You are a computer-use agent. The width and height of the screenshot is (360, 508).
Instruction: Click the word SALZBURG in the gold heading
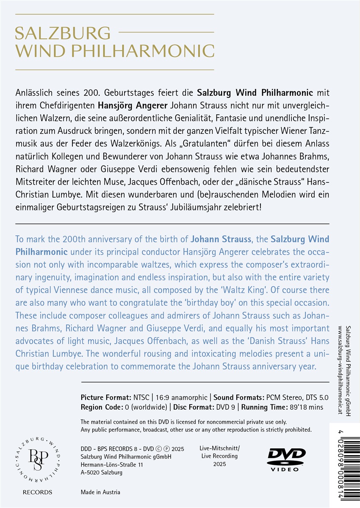click(x=63, y=33)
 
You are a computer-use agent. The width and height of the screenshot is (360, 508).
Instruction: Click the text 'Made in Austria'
click(x=100, y=492)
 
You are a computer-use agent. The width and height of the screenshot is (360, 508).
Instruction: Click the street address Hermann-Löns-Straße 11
click(x=111, y=464)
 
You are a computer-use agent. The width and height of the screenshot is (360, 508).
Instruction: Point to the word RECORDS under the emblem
click(x=38, y=492)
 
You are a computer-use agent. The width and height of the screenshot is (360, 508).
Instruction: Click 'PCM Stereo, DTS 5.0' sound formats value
click(x=294, y=398)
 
